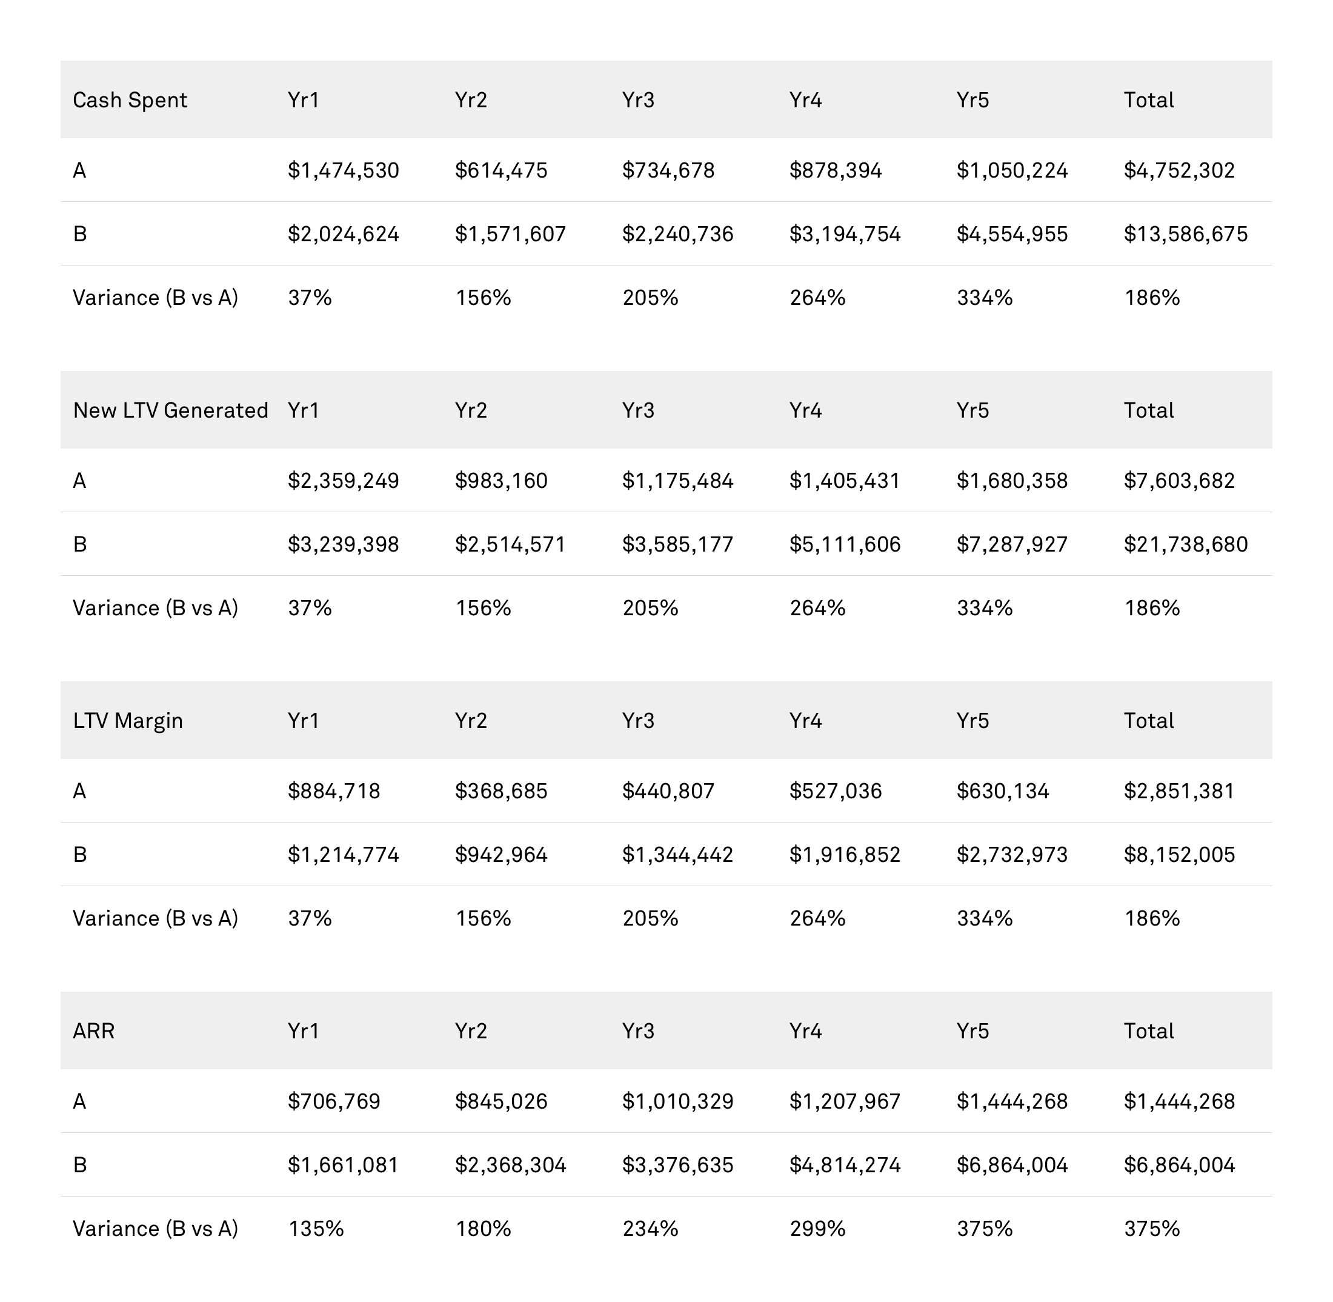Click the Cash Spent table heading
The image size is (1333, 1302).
coord(130,101)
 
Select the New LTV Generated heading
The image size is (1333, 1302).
coord(170,410)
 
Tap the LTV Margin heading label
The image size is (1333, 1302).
coord(128,721)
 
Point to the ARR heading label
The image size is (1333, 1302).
coord(94,1030)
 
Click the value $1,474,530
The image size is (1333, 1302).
coord(343,170)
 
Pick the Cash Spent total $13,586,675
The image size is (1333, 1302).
coord(1185,235)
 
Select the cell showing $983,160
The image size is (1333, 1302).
coord(501,481)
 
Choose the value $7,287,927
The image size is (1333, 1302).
coord(1012,544)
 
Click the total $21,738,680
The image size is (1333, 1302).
coord(1185,544)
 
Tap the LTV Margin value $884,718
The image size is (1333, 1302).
coord(334,791)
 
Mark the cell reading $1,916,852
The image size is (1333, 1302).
coord(845,855)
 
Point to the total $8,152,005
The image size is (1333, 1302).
coord(1179,855)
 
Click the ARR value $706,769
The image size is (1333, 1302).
coord(334,1101)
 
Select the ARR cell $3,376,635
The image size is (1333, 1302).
coord(677,1165)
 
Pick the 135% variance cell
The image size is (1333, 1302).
coord(316,1229)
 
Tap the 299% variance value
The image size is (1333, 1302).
coord(817,1229)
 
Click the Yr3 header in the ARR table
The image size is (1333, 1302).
coord(638,1030)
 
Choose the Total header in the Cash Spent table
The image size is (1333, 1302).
coord(1148,101)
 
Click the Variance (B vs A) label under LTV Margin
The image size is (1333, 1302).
coord(155,918)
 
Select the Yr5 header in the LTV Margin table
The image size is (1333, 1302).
coord(972,721)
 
